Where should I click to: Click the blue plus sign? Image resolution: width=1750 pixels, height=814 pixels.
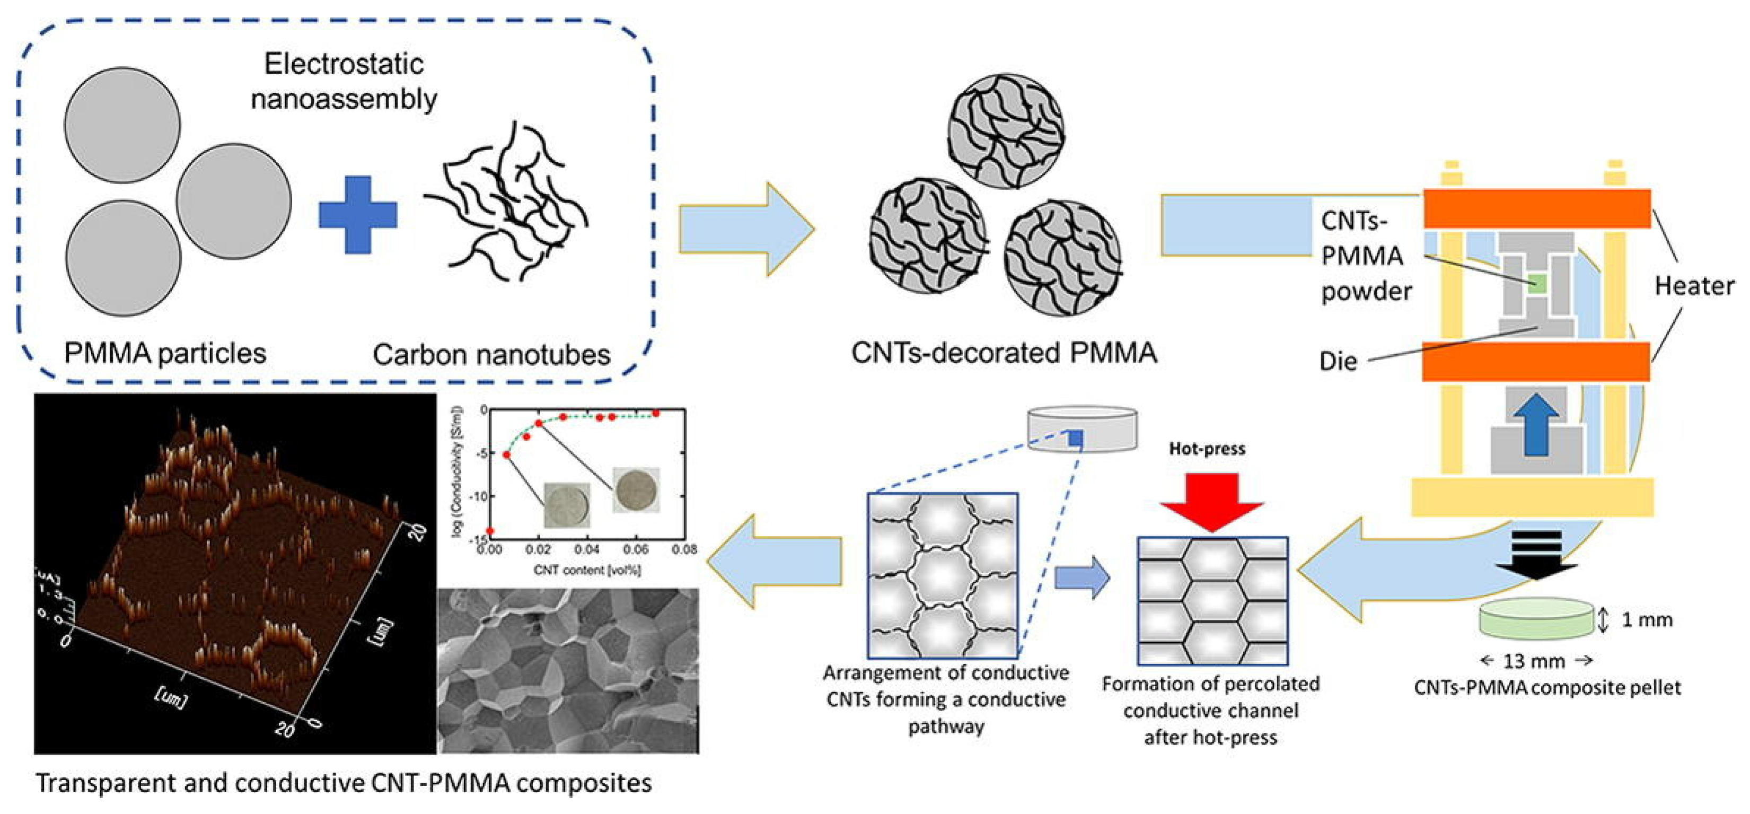coord(358,215)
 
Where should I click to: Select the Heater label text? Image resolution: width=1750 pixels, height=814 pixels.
coord(1694,286)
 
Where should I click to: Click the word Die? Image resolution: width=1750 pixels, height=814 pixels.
coord(1338,361)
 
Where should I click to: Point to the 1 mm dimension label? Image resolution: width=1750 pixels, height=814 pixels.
coord(1647,620)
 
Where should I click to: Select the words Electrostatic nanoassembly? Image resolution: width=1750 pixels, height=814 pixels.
coord(344,82)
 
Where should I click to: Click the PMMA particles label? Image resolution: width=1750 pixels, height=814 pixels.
coord(165,353)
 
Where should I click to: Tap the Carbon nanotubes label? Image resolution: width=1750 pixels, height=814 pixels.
coord(491,355)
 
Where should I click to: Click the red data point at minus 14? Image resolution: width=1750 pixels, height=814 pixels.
coord(490,531)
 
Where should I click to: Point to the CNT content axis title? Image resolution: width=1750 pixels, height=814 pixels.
coord(587,570)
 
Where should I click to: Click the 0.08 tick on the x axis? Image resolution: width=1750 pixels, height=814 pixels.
coord(683,549)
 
